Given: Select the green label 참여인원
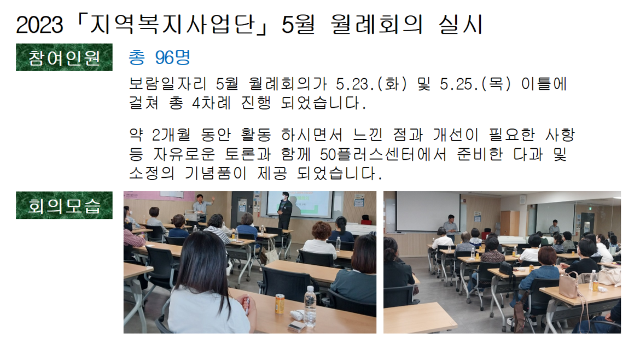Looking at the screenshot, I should (x=64, y=57).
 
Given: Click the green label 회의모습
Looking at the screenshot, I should (x=64, y=205).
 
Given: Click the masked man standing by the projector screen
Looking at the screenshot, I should (x=284, y=210).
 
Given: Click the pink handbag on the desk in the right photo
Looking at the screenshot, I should (x=569, y=285).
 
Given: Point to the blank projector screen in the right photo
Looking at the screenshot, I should (x=428, y=211).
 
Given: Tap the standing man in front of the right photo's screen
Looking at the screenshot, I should (x=451, y=226).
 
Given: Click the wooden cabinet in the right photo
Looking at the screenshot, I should (x=509, y=223).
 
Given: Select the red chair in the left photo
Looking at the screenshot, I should (x=366, y=220).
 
